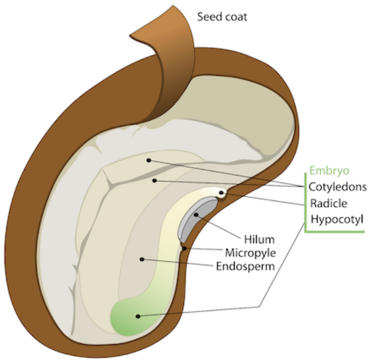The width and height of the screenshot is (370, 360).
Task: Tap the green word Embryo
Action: click(329, 171)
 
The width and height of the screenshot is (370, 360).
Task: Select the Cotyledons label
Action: click(337, 187)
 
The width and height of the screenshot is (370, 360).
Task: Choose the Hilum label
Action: click(252, 239)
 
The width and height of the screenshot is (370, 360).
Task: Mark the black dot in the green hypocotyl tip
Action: click(138, 316)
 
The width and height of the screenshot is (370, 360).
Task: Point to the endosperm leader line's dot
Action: click(141, 259)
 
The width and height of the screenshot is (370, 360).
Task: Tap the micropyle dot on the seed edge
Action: click(184, 248)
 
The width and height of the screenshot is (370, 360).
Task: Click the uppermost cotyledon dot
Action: click(149, 160)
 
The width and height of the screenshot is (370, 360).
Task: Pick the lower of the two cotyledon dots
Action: click(154, 180)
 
